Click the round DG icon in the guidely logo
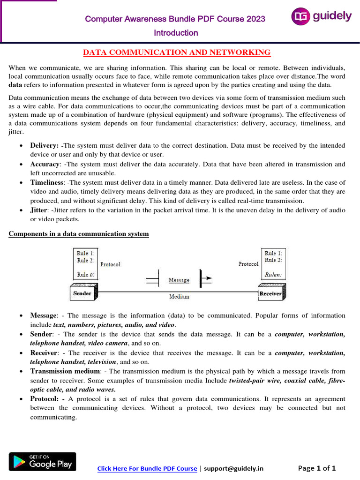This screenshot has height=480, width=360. pos(301,16)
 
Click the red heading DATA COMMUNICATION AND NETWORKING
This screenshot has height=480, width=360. pos(177,52)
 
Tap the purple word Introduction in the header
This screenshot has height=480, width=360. pos(176,33)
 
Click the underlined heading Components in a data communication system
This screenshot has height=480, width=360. pos(79,233)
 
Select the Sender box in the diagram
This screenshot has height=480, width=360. pos(83,293)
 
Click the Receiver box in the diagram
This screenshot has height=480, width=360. pos(270,293)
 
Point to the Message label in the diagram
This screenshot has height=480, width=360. pos(179,280)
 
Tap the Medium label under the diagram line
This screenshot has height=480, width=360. pos(179,297)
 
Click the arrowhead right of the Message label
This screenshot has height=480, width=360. pos(207,278)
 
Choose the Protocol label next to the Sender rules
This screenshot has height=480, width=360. pos(110,264)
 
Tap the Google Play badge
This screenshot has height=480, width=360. pos(42,462)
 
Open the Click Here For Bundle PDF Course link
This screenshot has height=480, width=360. pos(147,468)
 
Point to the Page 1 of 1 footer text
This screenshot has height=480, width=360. pos(317,468)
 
